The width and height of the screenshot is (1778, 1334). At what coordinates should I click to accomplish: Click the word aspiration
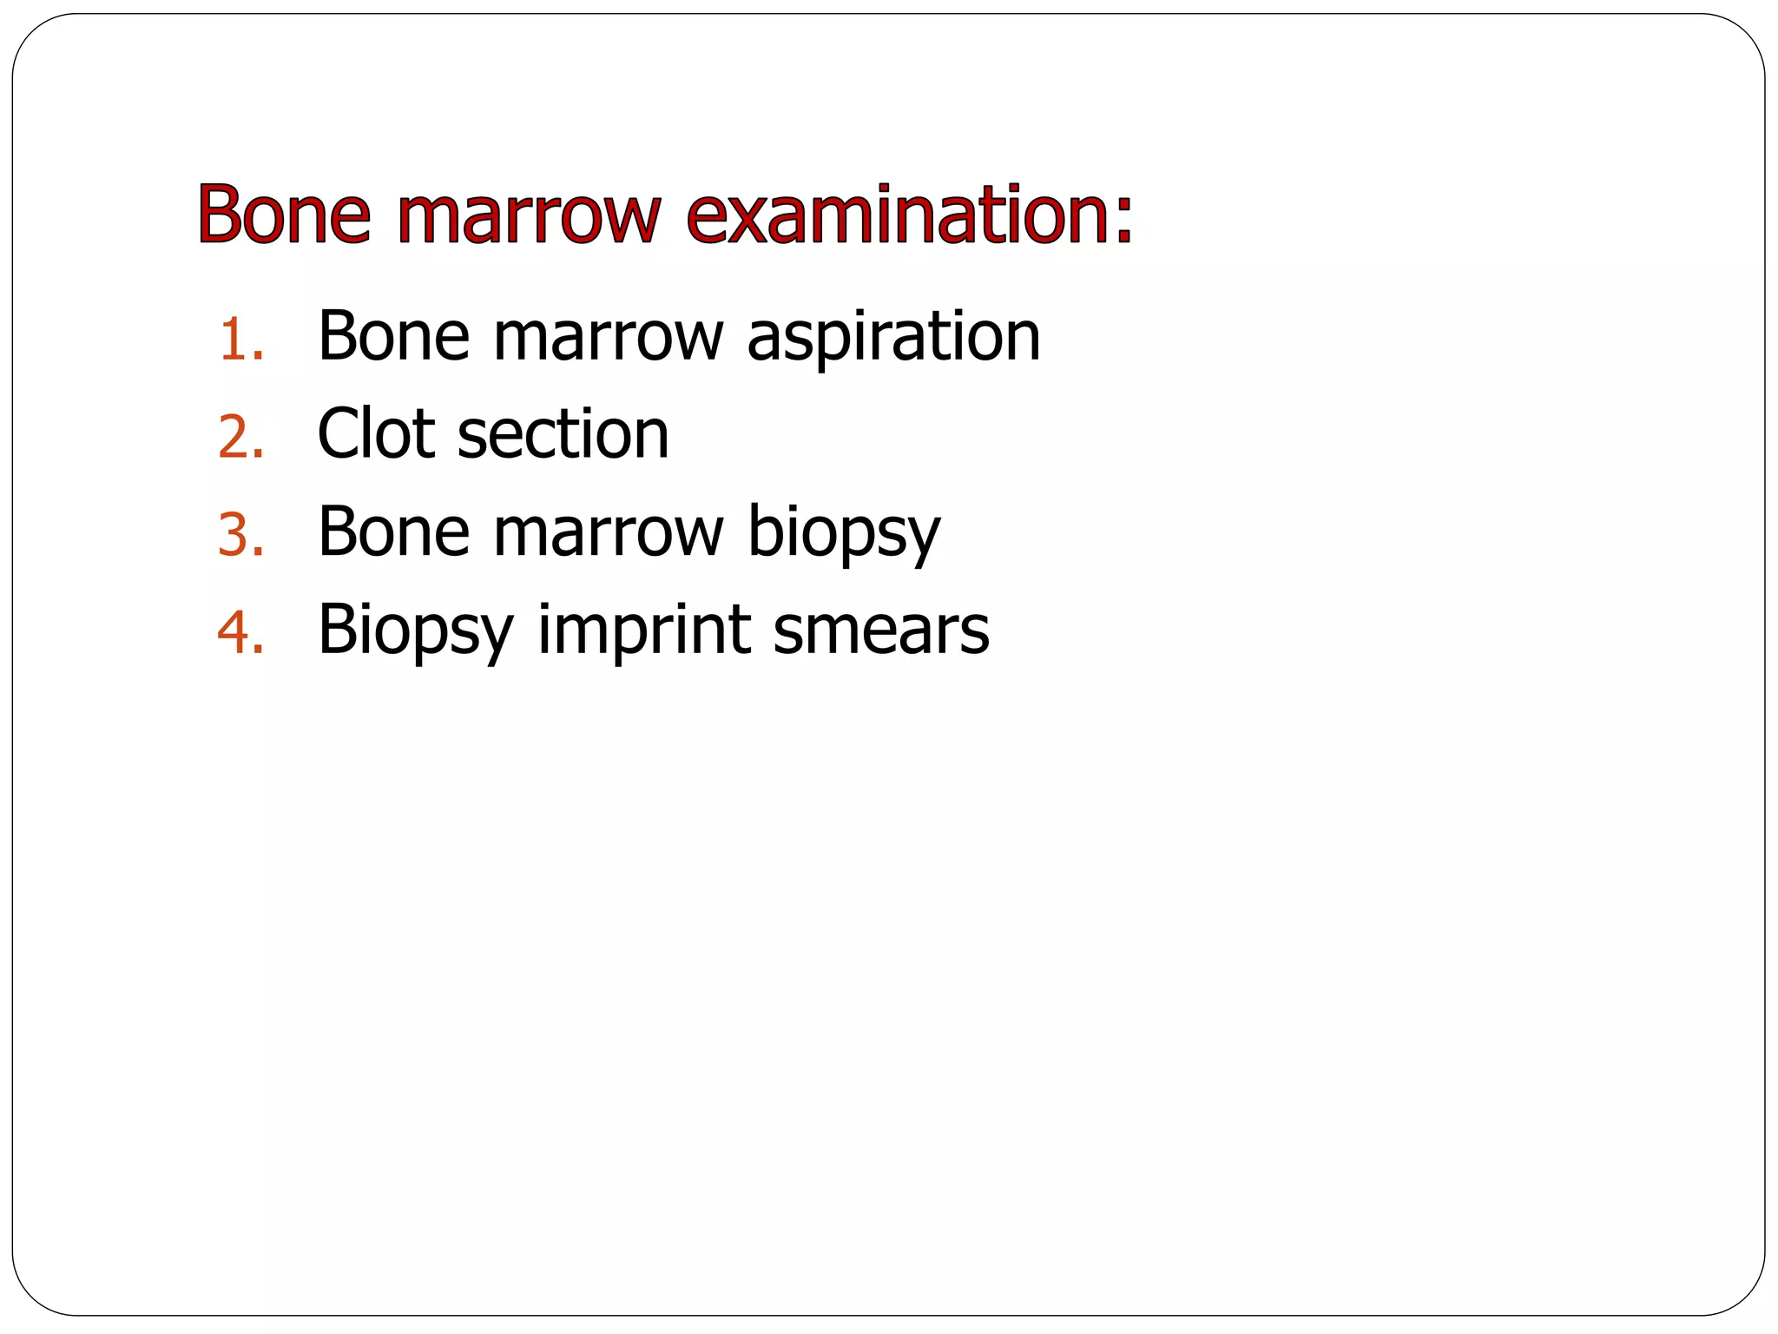click(893, 337)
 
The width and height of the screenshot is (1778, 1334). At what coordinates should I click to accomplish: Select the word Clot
click(376, 433)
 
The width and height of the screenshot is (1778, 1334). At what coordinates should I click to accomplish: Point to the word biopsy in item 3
click(844, 533)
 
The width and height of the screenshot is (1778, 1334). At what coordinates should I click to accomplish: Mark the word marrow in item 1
click(608, 337)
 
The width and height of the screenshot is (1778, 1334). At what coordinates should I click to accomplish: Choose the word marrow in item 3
click(608, 532)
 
